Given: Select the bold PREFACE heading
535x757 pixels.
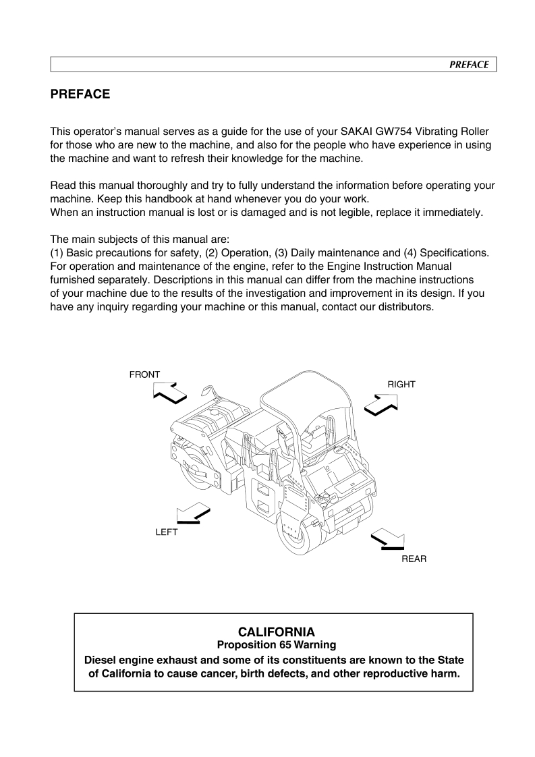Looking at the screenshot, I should [x=80, y=94].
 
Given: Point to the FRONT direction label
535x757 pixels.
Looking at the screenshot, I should [x=144, y=374].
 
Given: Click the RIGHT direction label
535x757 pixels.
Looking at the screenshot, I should [x=401, y=384].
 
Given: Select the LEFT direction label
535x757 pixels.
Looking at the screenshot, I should [x=167, y=532].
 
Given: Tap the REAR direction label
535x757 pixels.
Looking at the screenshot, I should [x=414, y=559].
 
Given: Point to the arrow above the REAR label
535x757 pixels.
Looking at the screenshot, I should [x=387, y=540].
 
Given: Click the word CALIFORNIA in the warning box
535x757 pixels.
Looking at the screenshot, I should [x=277, y=632].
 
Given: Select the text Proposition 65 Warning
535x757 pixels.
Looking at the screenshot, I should [x=277, y=645].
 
